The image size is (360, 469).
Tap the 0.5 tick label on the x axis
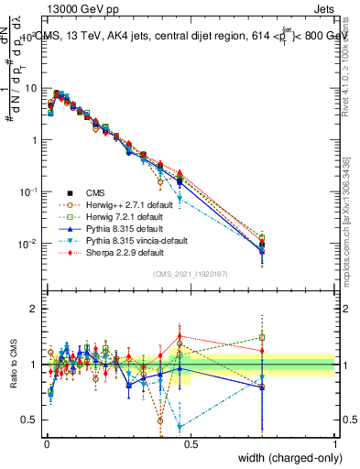pos(191,443)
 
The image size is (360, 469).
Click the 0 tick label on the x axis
pos(46,443)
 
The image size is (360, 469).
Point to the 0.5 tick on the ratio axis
pos(28,420)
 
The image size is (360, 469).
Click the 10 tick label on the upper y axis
pos(29,88)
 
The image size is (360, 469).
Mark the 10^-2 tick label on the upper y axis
pos(27,244)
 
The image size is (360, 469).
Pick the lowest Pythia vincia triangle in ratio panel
pos(180,427)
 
